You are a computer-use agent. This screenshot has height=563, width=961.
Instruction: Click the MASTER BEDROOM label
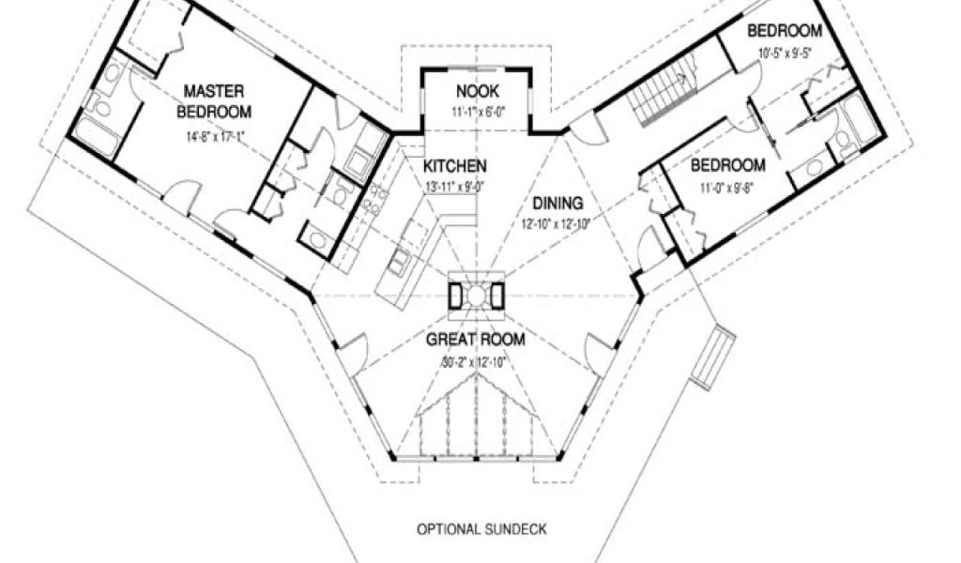(x=214, y=101)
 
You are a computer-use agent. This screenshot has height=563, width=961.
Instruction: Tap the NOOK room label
(x=477, y=91)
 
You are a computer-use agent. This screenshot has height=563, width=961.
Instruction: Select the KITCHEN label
(x=455, y=166)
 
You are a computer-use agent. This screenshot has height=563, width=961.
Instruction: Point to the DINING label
(x=557, y=203)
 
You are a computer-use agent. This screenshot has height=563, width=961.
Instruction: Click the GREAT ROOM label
(x=475, y=340)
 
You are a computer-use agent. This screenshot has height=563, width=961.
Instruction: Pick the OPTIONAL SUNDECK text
(x=481, y=529)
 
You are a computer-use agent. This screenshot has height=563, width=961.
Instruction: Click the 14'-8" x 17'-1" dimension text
(x=214, y=135)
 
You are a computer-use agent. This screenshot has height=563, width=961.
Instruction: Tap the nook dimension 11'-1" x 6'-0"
(x=477, y=112)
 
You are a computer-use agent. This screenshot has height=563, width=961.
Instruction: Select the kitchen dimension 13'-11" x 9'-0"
(x=455, y=185)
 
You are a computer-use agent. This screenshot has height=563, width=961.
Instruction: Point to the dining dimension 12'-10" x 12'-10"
(x=557, y=223)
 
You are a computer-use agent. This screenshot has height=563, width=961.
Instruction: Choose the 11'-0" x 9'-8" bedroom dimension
(x=728, y=186)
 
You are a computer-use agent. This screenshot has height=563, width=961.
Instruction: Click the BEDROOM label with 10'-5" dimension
(x=785, y=31)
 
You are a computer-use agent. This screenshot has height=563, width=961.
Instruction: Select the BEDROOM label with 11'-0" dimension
(x=728, y=165)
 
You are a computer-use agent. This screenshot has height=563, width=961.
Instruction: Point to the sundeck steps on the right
(x=713, y=358)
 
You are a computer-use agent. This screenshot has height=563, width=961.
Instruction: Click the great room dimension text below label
(x=475, y=361)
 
